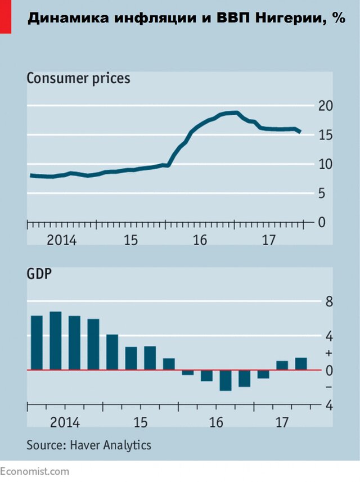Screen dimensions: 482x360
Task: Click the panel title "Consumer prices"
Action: coord(78,78)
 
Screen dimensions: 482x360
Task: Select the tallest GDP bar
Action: coord(56,341)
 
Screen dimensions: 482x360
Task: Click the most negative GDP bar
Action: coord(226,380)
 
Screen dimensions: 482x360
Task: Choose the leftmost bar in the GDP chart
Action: coord(37,343)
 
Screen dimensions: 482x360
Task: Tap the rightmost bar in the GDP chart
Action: coord(301,364)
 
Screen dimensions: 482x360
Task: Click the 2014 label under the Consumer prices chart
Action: coord(61,240)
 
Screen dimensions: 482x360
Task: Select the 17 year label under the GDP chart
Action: coord(283,422)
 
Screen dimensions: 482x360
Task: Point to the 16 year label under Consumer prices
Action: coord(200,240)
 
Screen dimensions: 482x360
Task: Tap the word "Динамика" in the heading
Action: coord(62,19)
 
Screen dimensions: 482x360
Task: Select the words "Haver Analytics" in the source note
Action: coord(111,445)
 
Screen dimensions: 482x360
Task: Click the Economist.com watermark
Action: coord(34,471)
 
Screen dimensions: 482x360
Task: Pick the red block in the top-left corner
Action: coord(5,16)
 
